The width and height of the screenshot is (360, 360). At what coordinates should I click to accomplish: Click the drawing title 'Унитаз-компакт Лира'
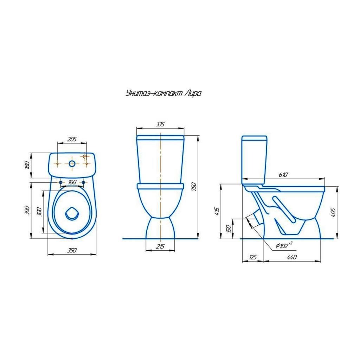[163, 94]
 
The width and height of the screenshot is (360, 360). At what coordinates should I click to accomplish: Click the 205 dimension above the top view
[72, 139]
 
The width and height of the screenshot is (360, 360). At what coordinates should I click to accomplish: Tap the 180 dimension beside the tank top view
[27, 165]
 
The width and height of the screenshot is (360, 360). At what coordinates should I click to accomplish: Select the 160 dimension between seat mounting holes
[72, 182]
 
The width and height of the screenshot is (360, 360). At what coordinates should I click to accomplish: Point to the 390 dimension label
[27, 210]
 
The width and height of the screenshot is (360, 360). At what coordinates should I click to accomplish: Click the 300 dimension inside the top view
[39, 212]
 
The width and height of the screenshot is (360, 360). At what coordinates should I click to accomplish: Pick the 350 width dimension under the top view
[72, 250]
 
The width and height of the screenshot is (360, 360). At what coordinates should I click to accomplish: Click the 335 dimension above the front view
[160, 124]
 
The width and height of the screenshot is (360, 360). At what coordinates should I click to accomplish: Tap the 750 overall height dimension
[194, 187]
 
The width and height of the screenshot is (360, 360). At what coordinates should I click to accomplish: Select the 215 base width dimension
[160, 246]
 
